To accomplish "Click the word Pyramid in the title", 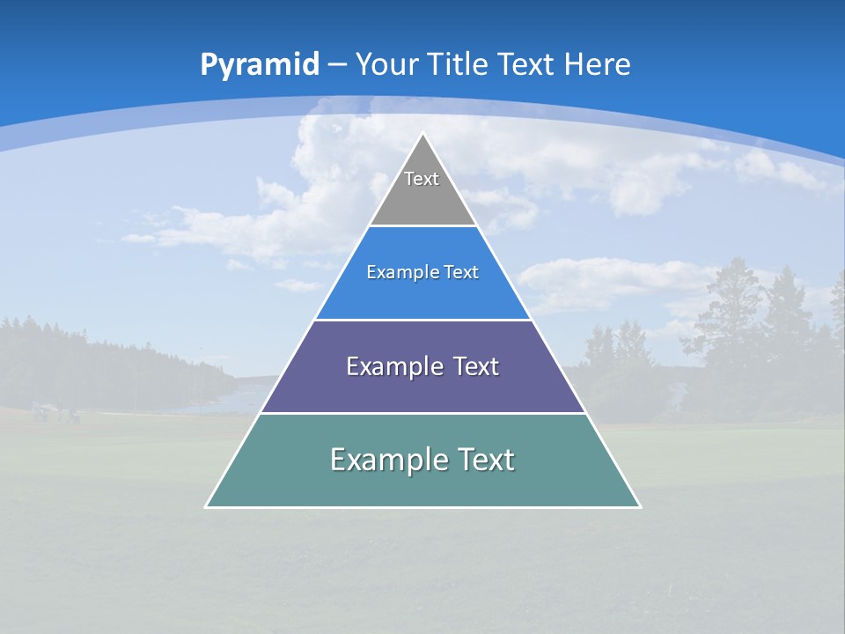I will point(260,65).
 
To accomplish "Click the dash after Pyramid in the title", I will point(336,65).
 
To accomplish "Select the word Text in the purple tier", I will point(476,366).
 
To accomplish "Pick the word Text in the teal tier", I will point(486,460).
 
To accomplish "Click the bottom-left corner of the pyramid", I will point(206,507).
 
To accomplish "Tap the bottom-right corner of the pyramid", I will point(640,507).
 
